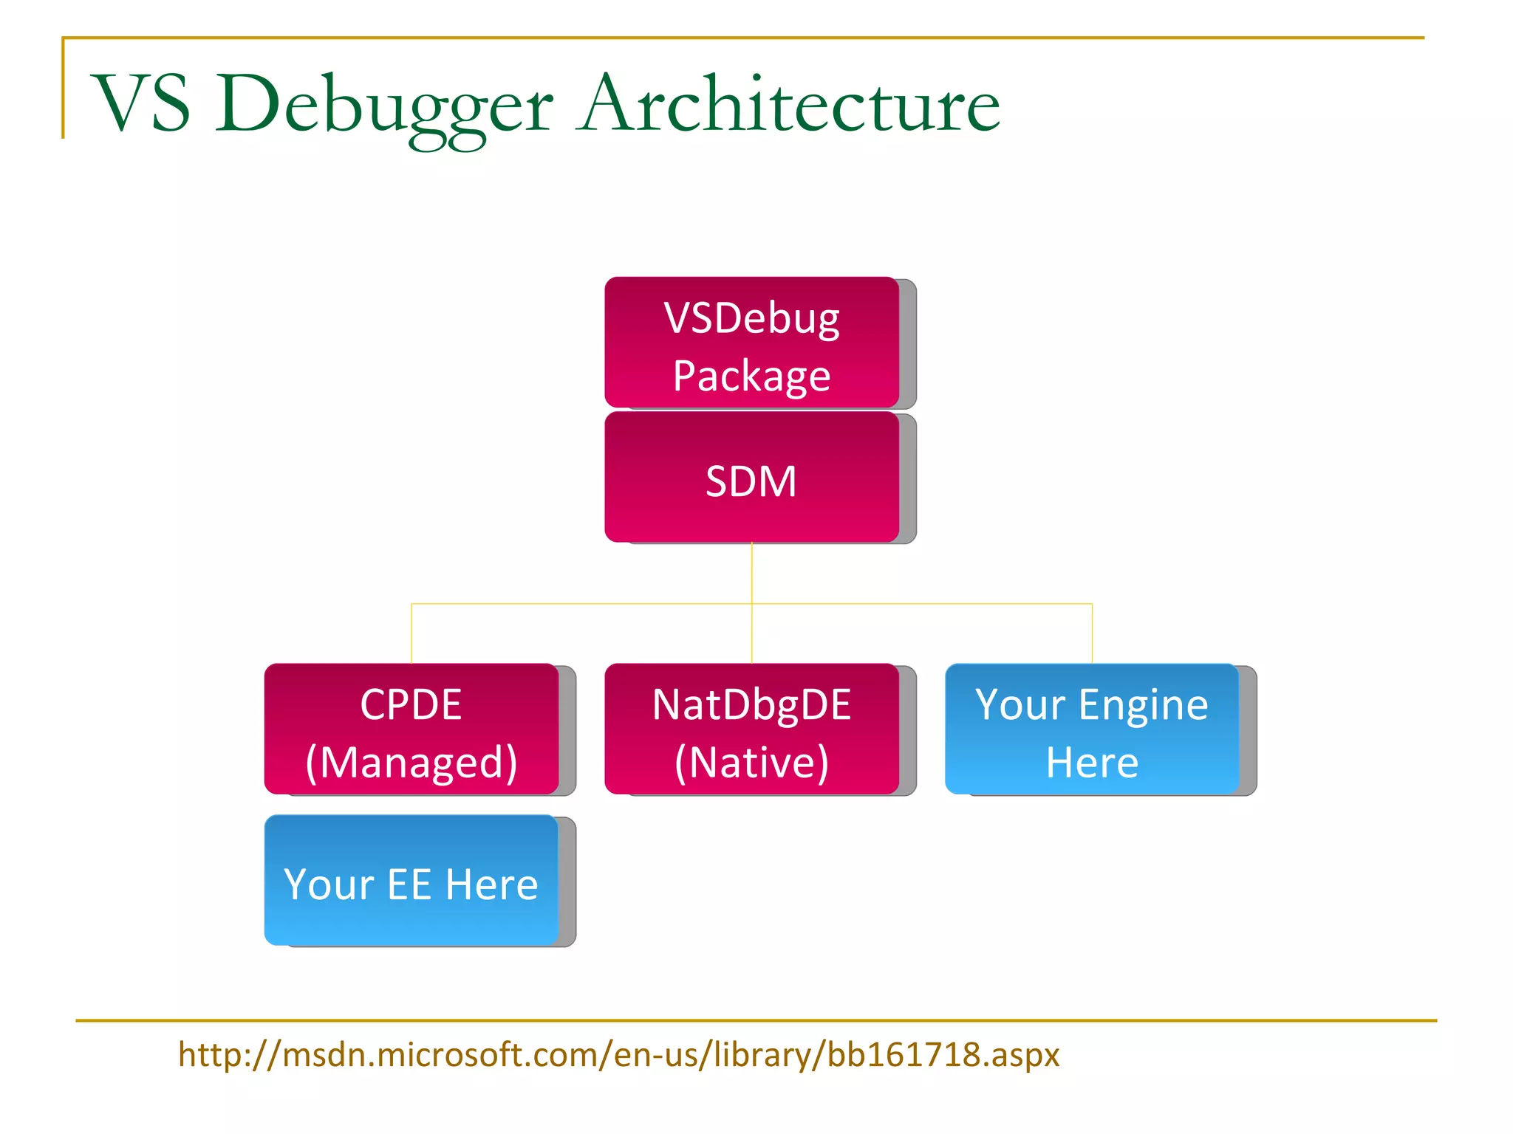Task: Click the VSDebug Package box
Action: pyautogui.click(x=751, y=342)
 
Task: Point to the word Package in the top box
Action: pyautogui.click(x=751, y=376)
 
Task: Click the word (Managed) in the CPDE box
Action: pyautogui.click(x=411, y=762)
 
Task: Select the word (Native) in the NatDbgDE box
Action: pyautogui.click(x=751, y=762)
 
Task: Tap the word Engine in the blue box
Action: pyautogui.click(x=1143, y=705)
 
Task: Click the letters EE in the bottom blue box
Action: pyautogui.click(x=409, y=884)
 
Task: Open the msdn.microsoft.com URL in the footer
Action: pyautogui.click(x=618, y=1054)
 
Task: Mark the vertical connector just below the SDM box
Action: pyautogui.click(x=751, y=572)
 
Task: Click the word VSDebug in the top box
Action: pyautogui.click(x=751, y=319)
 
